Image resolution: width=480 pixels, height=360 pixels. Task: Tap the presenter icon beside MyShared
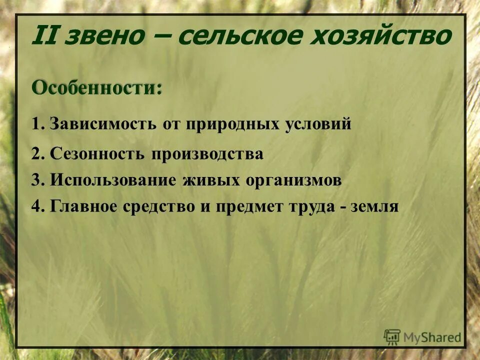(x=392, y=336)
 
